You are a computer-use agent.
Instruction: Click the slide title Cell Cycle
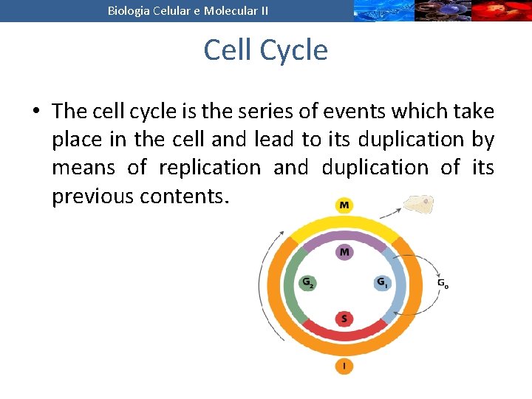click(x=265, y=50)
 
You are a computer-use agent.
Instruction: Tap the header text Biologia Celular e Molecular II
click(x=188, y=10)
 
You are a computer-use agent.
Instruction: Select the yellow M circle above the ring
click(x=344, y=205)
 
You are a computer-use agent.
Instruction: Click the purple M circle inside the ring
click(x=344, y=253)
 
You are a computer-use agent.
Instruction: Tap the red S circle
click(x=344, y=319)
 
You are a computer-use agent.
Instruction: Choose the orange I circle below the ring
click(x=344, y=365)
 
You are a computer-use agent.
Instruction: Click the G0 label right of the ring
click(x=442, y=283)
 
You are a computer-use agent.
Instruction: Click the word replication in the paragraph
click(x=211, y=168)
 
